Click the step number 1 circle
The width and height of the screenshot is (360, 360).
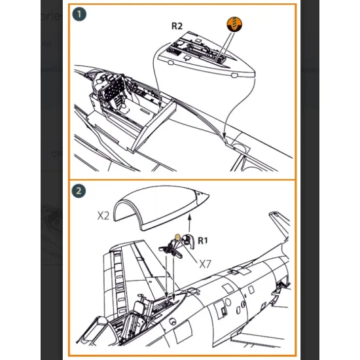pos(79,13)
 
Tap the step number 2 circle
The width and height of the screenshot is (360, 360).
pos(79,192)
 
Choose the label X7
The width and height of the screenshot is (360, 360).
pos(206,263)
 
